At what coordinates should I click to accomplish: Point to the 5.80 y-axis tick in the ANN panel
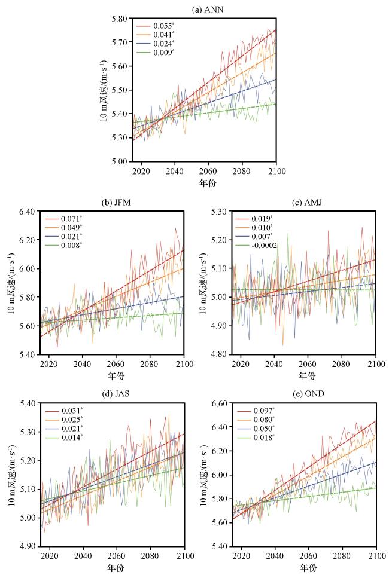click(x=118, y=19)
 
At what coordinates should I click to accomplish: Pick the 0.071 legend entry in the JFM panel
click(x=71, y=220)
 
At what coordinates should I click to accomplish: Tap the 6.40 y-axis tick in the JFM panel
click(x=26, y=212)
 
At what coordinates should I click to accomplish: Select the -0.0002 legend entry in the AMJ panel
click(x=264, y=246)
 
